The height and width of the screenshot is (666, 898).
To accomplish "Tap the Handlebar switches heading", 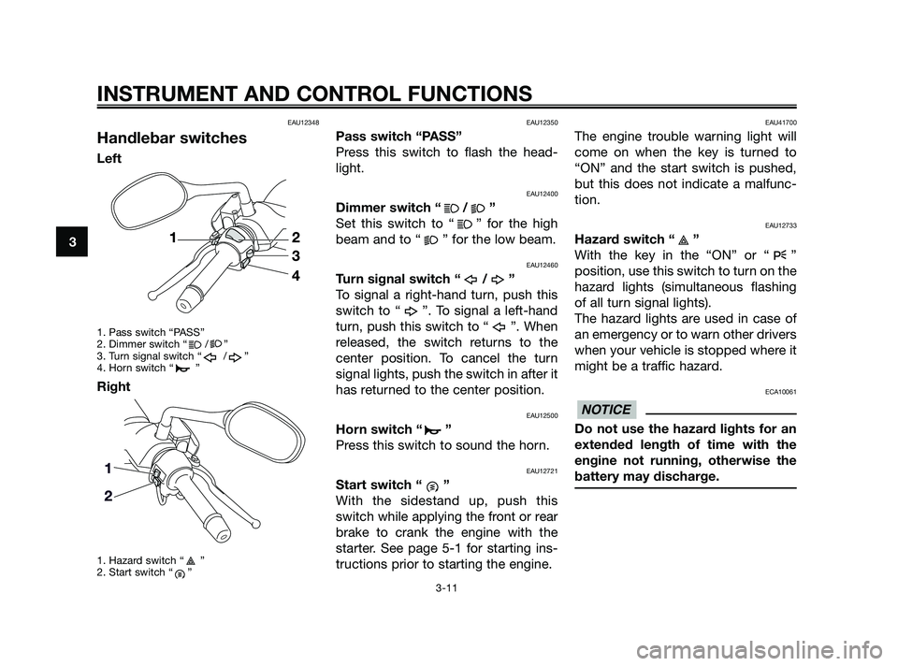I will [x=171, y=138].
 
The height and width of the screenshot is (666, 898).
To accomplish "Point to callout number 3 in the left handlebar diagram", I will [x=295, y=255].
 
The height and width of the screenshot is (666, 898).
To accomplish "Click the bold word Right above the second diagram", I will [x=114, y=384].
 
